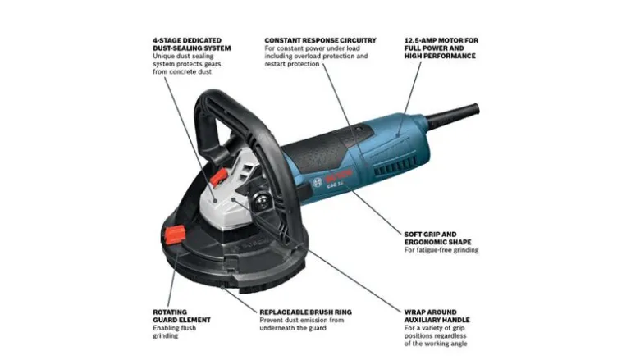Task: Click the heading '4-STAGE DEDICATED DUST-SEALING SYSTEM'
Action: pos(192,44)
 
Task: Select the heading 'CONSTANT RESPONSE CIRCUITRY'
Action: pos(320,40)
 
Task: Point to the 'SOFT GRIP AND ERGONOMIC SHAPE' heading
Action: pos(437,238)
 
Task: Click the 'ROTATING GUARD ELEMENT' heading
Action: pos(181,316)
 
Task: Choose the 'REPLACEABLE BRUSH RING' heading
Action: pos(306,312)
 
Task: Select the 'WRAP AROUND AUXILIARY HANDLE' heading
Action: pos(437,316)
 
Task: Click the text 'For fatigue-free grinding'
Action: pos(441,250)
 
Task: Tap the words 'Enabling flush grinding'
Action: pos(174,332)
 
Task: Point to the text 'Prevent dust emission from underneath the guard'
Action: pos(302,324)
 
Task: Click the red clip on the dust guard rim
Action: pos(175,235)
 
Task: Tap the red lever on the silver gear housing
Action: pos(219,177)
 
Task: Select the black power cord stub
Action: pos(452,115)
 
